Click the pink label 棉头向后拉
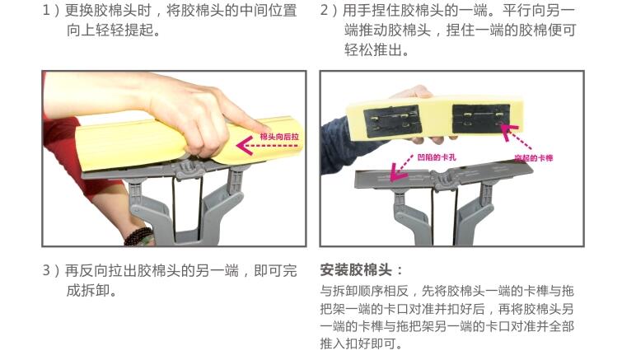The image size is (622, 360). click(279, 137)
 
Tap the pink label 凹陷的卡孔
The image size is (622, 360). click(437, 157)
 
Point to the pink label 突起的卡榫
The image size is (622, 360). click(534, 158)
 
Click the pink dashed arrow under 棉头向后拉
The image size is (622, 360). click(267, 146)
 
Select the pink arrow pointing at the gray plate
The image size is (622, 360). click(400, 168)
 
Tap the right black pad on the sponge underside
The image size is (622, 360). click(481, 118)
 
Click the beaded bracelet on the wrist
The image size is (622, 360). click(138, 236)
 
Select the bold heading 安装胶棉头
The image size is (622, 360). click(356, 270)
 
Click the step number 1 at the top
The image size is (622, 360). click(46, 11)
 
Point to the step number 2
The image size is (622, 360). click(324, 11)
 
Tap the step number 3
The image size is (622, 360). click(46, 270)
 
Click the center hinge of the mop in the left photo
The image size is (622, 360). click(189, 170)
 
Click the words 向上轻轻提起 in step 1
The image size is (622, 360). click(110, 30)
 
